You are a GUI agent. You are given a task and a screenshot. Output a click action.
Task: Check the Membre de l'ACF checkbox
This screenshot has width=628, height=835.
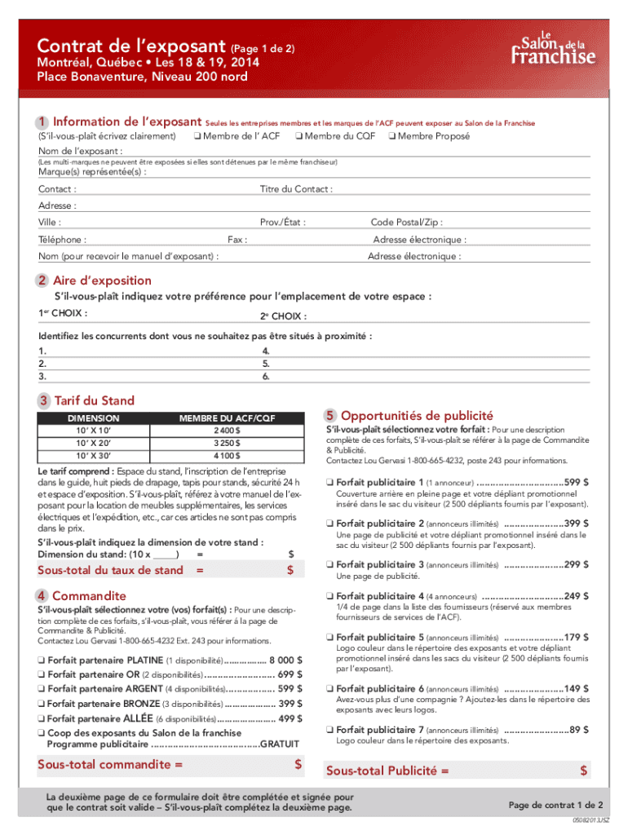[197, 136]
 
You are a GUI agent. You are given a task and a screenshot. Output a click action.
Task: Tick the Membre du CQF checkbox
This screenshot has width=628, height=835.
[299, 136]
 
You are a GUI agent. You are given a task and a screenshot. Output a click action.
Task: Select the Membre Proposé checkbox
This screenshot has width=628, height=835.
[392, 136]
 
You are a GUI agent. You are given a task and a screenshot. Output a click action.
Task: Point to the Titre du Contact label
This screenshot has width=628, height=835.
[296, 189]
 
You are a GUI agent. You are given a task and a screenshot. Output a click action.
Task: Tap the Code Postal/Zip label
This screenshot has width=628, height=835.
[406, 222]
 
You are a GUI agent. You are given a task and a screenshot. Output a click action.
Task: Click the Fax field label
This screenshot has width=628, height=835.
[237, 240]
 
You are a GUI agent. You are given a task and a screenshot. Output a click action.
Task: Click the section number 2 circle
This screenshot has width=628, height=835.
[41, 281]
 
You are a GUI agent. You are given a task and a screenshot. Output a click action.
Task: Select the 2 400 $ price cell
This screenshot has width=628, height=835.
[227, 431]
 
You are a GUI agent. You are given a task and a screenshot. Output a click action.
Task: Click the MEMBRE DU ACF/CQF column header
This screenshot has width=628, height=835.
[227, 418]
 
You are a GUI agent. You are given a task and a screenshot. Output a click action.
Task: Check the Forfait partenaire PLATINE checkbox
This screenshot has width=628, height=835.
[42, 660]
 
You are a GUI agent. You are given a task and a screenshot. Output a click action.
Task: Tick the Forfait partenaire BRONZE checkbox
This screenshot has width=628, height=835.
[42, 704]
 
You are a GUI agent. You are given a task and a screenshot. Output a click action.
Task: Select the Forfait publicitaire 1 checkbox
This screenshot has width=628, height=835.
[329, 481]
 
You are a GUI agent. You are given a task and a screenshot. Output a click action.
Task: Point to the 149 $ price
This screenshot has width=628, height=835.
[576, 688]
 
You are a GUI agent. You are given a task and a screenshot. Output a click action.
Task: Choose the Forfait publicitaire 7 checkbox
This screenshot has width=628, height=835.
[329, 730]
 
